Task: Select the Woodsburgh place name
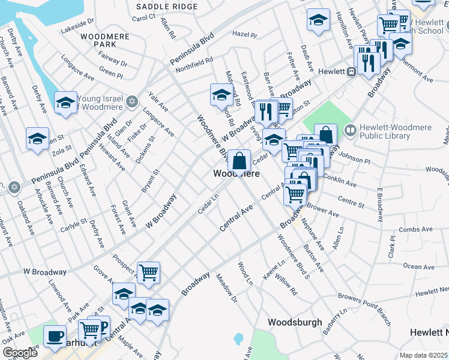point(295,322)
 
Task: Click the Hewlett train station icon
point(352,71)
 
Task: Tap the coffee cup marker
point(55,336)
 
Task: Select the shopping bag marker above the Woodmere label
point(239,160)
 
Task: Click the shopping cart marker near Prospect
point(148,272)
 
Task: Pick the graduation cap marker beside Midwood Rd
point(221,94)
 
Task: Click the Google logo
point(20,353)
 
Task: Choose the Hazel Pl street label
point(244,35)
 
